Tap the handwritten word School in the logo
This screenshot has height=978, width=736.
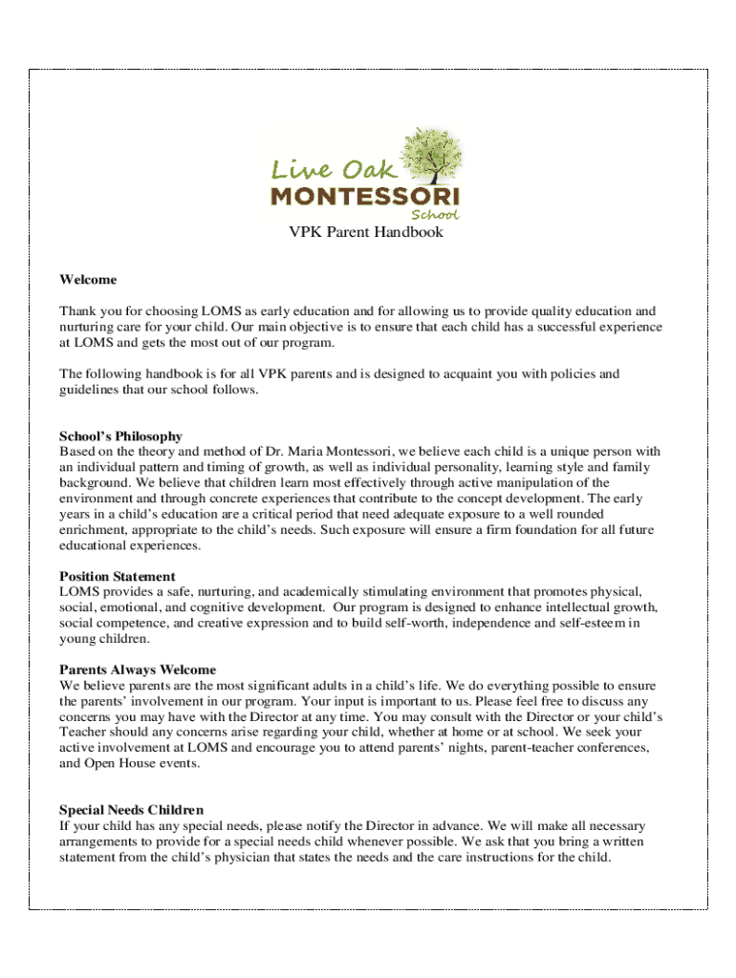click(x=435, y=215)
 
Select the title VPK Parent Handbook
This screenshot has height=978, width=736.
click(x=367, y=232)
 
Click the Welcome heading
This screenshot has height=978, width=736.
click(x=88, y=280)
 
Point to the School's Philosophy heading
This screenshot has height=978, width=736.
click(x=120, y=436)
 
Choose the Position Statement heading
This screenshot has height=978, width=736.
click(x=118, y=577)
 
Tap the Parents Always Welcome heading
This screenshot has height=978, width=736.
click(x=138, y=670)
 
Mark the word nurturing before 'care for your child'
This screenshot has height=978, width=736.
click(x=87, y=328)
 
